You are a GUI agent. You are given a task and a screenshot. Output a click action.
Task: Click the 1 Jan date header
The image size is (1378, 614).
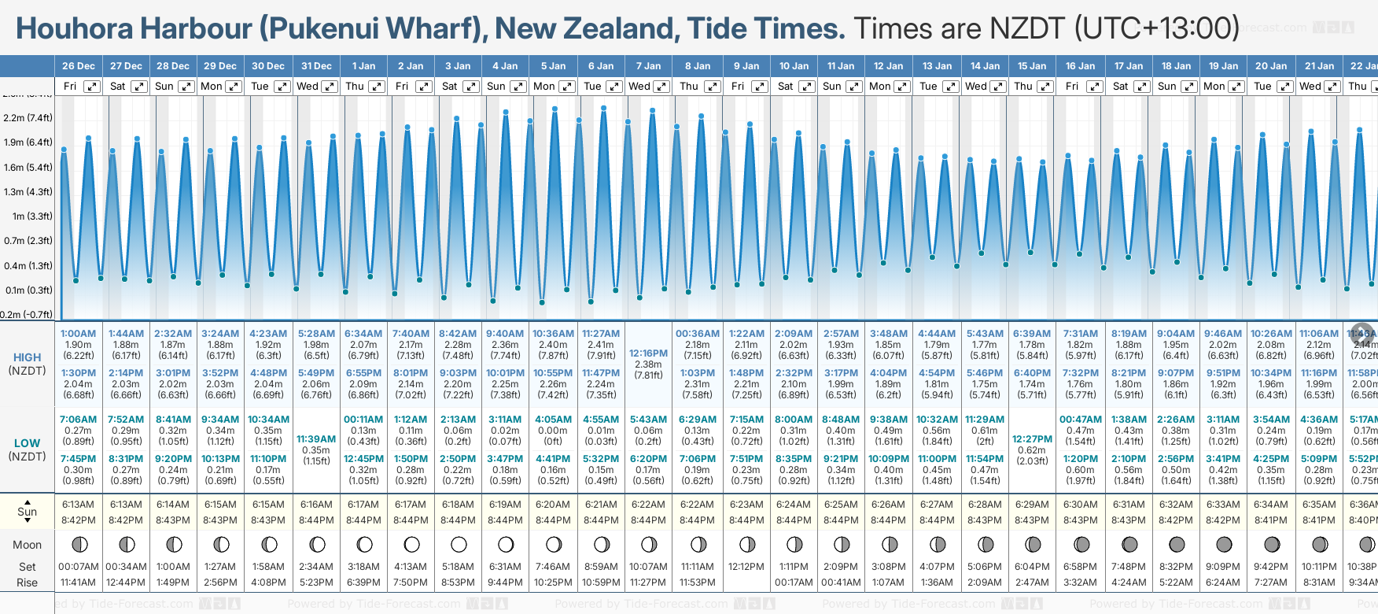(x=363, y=66)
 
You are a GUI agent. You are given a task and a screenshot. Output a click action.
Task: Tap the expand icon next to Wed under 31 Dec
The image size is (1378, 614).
(x=330, y=87)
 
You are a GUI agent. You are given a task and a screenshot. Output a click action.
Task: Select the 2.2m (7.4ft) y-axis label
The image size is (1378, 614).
(x=28, y=118)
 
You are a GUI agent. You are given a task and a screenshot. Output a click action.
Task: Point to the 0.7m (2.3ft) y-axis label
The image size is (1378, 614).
(x=28, y=241)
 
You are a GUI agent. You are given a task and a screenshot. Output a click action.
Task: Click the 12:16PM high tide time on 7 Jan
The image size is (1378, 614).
(x=648, y=353)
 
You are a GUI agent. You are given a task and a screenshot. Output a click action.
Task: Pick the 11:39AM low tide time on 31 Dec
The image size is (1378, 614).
(x=316, y=439)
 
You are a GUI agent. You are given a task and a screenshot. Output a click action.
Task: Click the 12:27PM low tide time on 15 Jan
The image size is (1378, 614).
(x=1032, y=439)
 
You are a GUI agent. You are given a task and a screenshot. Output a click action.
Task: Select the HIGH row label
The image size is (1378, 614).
(x=27, y=357)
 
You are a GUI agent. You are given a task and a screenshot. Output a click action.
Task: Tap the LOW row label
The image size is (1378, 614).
(x=27, y=443)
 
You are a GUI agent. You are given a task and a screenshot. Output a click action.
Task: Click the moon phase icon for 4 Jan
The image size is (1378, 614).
(x=506, y=544)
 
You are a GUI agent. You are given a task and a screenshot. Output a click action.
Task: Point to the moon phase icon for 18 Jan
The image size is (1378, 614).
(x=1177, y=544)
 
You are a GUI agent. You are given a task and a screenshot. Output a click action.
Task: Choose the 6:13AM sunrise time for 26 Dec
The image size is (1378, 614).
(x=78, y=505)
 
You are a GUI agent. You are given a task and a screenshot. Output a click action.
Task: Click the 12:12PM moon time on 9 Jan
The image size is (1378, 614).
(x=746, y=567)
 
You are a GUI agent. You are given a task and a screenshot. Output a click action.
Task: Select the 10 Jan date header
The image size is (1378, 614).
(x=794, y=66)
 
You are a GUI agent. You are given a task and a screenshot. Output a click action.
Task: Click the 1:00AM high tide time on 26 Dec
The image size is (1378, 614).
(x=78, y=334)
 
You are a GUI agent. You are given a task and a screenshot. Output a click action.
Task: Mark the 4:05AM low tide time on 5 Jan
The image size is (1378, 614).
(x=553, y=420)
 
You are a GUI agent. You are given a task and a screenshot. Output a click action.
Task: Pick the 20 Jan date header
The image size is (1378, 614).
(x=1271, y=66)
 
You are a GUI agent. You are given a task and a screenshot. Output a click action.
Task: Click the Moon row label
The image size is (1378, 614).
(x=27, y=545)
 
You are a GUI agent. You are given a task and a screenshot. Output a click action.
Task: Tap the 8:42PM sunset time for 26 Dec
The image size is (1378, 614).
(x=78, y=520)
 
